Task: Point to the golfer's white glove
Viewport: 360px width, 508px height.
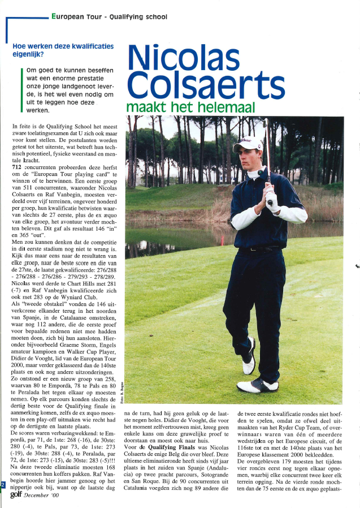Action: point(272,198)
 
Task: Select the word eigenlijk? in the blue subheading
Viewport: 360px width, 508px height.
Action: point(21,55)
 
